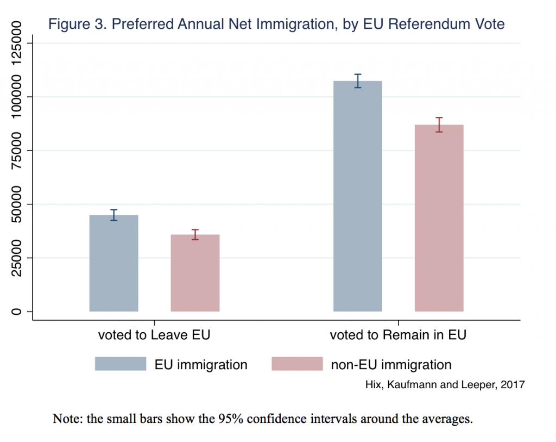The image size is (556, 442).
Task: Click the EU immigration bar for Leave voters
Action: click(113, 263)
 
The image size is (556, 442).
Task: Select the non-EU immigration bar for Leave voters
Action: click(195, 273)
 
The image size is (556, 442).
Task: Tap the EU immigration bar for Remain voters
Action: click(358, 196)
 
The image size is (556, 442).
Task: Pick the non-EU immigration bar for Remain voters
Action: click(439, 218)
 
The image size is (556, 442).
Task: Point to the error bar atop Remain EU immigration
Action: click(358, 81)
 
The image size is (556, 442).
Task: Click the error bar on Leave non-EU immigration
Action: click(195, 235)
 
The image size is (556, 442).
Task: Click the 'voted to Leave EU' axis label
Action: click(154, 335)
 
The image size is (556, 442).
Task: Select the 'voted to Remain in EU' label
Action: click(398, 335)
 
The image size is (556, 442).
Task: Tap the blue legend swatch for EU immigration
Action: click(121, 364)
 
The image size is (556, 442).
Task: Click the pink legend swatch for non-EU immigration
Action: click(296, 364)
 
